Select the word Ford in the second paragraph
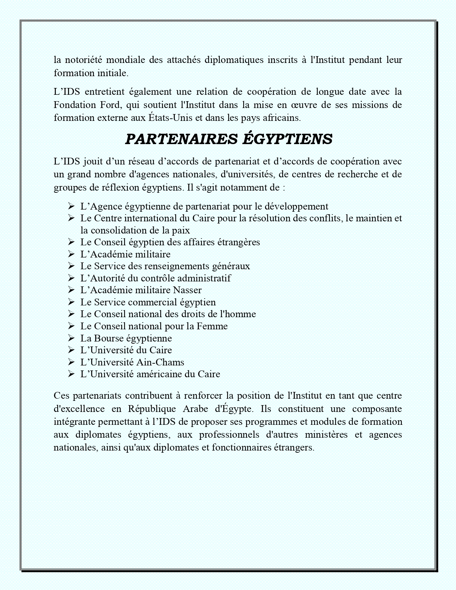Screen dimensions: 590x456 (108, 105)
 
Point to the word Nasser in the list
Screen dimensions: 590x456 (187, 290)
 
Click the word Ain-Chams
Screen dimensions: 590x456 (160, 362)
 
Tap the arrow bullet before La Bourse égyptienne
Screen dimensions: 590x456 (71, 338)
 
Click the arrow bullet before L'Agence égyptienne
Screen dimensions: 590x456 (71, 206)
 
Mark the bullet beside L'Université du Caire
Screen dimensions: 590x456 (71, 350)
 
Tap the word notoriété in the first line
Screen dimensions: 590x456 (83, 60)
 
